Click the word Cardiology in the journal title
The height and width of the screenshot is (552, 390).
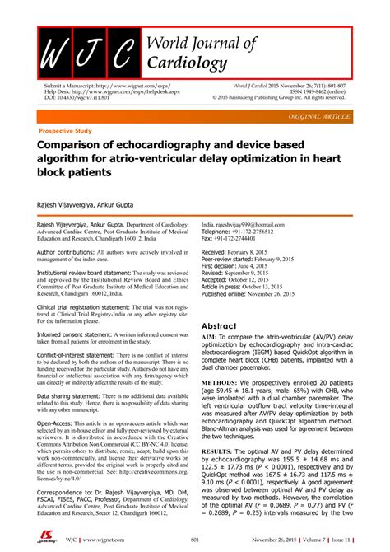pyautogui.click(x=186, y=63)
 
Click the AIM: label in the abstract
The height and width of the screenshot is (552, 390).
pyautogui.click(x=211, y=339)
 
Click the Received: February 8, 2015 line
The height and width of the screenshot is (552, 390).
pyautogui.click(x=248, y=251)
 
